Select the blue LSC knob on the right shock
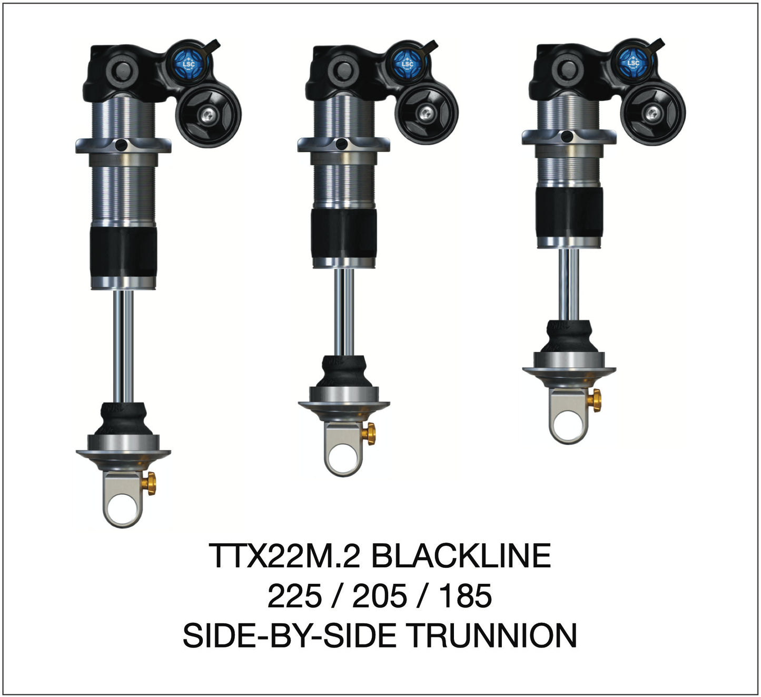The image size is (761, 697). point(632,62)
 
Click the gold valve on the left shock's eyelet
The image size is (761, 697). point(151,483)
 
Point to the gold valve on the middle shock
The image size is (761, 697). point(370,433)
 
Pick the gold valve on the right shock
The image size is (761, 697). point(595,400)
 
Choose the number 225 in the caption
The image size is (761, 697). point(294,596)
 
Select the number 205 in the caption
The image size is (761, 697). point(379,596)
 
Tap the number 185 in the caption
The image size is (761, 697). point(465,596)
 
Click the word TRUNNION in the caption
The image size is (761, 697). point(492,635)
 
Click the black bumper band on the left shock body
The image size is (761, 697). point(123,252)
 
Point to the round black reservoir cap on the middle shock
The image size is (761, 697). point(426,113)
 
